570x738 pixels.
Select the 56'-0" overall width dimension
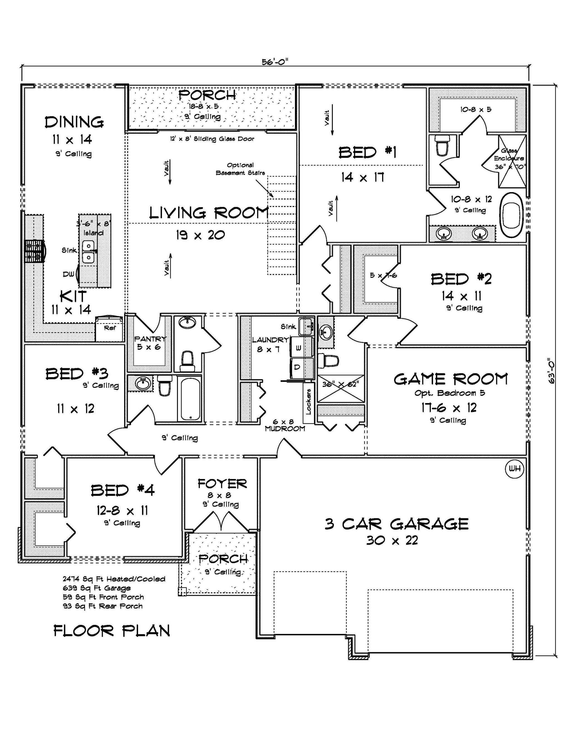point(275,62)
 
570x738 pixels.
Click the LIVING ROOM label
point(209,213)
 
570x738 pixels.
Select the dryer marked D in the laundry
point(297,367)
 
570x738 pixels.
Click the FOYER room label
point(222,484)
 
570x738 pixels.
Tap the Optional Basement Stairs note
point(240,169)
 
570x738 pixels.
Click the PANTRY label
point(150,339)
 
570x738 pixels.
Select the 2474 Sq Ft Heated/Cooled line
point(114,579)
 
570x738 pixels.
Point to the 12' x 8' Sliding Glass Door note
point(212,139)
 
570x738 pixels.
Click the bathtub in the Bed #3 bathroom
point(190,399)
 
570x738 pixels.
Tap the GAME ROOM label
point(450,379)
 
